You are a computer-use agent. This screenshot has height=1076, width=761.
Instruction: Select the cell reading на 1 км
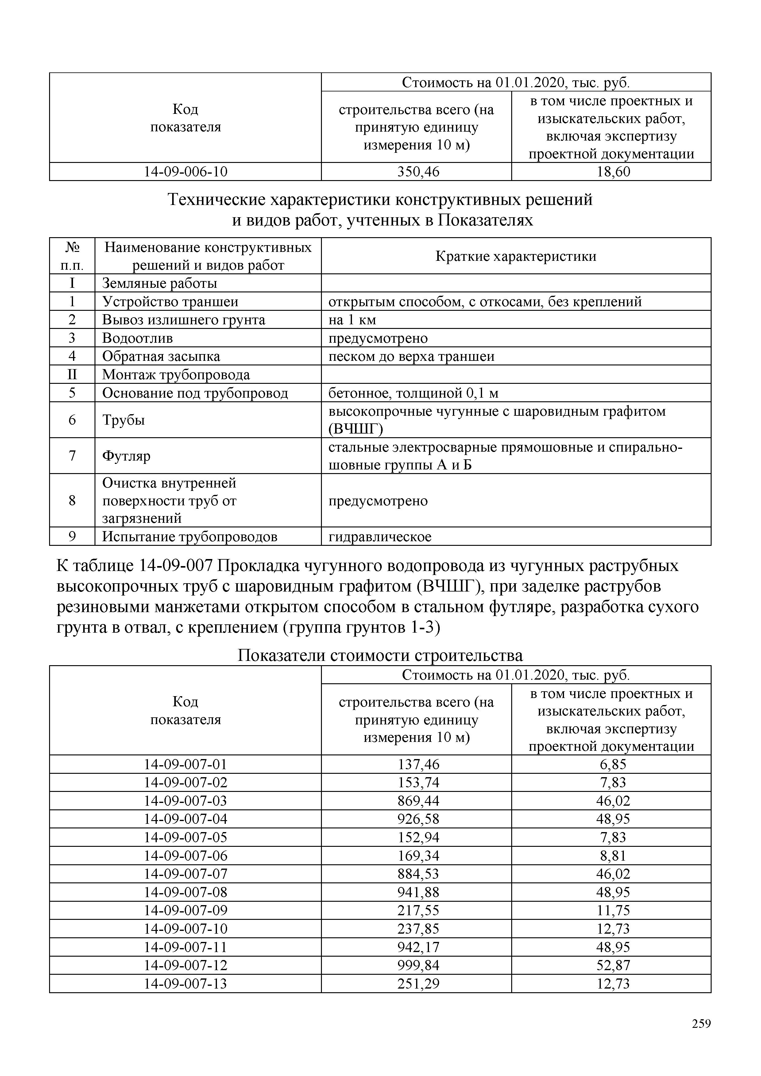[352, 320]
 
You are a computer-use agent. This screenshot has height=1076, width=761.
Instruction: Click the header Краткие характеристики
[516, 256]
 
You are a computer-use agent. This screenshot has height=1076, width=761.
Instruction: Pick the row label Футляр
[126, 456]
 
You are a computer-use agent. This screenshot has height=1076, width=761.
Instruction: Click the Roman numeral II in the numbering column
[72, 374]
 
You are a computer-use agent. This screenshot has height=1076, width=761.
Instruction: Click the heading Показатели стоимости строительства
[380, 655]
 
